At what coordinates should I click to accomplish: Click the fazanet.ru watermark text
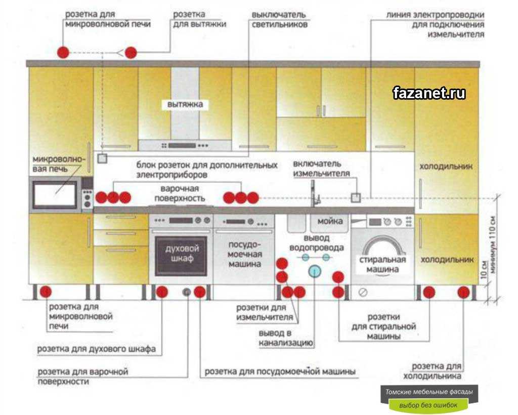429,93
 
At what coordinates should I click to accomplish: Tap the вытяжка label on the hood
185,105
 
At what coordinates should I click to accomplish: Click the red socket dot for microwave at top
63,52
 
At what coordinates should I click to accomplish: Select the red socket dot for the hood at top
131,52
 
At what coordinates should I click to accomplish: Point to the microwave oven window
55,194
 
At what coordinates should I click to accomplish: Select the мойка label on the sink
330,221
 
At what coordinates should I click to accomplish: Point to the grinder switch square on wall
356,197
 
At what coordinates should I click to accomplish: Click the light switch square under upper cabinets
103,158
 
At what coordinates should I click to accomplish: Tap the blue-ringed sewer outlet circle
315,271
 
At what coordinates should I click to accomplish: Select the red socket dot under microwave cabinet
46,292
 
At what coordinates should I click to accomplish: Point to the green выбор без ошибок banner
428,405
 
